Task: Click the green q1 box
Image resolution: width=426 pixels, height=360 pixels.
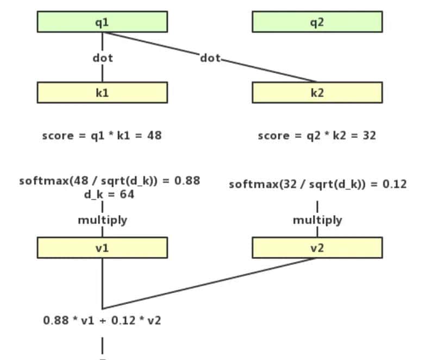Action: point(102,22)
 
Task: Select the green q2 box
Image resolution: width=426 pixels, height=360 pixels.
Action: point(317,22)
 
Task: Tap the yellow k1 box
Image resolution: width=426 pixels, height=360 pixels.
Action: point(102,92)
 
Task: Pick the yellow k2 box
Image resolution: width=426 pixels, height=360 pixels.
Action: point(317,92)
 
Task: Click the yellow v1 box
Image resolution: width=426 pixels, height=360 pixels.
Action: point(102,248)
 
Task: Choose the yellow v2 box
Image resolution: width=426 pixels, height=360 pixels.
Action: point(317,248)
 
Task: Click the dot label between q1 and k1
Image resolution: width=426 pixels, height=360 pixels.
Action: point(103,57)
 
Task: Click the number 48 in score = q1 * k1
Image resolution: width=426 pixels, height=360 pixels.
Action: point(154,135)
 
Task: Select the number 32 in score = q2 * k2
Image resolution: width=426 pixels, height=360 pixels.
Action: point(369,135)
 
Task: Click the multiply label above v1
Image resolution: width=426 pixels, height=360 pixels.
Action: point(103,220)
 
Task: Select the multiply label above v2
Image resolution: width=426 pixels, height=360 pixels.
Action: point(317,220)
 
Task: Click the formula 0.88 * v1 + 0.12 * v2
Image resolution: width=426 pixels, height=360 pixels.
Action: point(102,320)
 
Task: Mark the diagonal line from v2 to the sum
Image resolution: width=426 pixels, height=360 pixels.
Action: point(210,283)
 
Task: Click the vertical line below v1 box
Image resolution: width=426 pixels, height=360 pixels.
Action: point(102,282)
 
